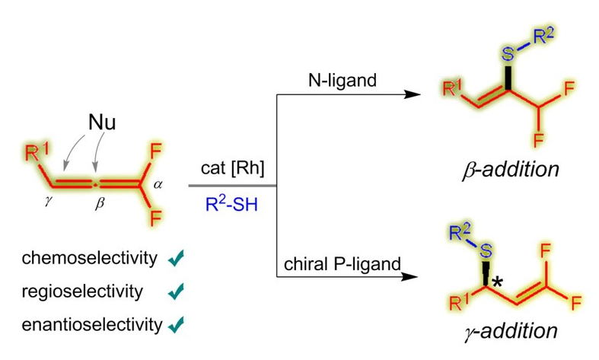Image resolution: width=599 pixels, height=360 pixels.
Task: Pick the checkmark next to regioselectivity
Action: (x=177, y=292)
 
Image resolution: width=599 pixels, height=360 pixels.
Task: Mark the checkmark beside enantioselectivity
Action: (x=177, y=326)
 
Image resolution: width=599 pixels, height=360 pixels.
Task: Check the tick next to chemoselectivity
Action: (x=177, y=260)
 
